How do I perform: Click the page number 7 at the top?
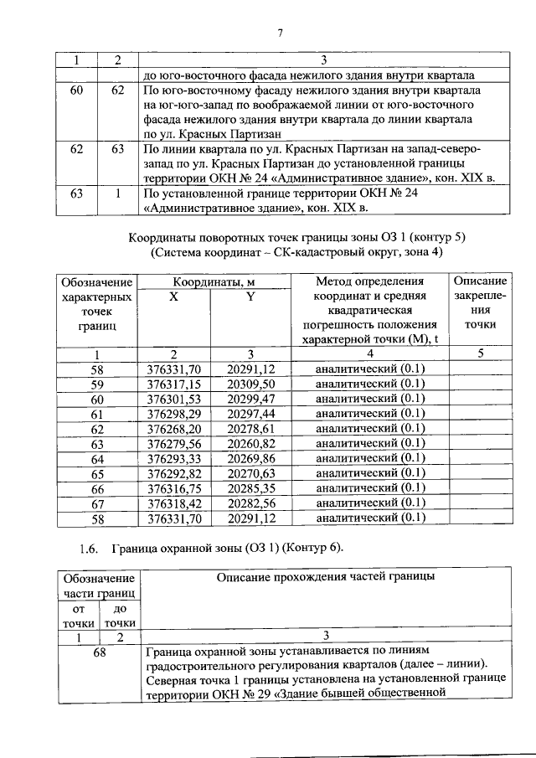(281, 34)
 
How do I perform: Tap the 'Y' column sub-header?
(250, 296)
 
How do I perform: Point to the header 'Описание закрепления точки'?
(479, 302)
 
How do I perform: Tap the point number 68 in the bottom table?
(99, 653)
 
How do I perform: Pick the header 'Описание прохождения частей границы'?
(326, 577)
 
